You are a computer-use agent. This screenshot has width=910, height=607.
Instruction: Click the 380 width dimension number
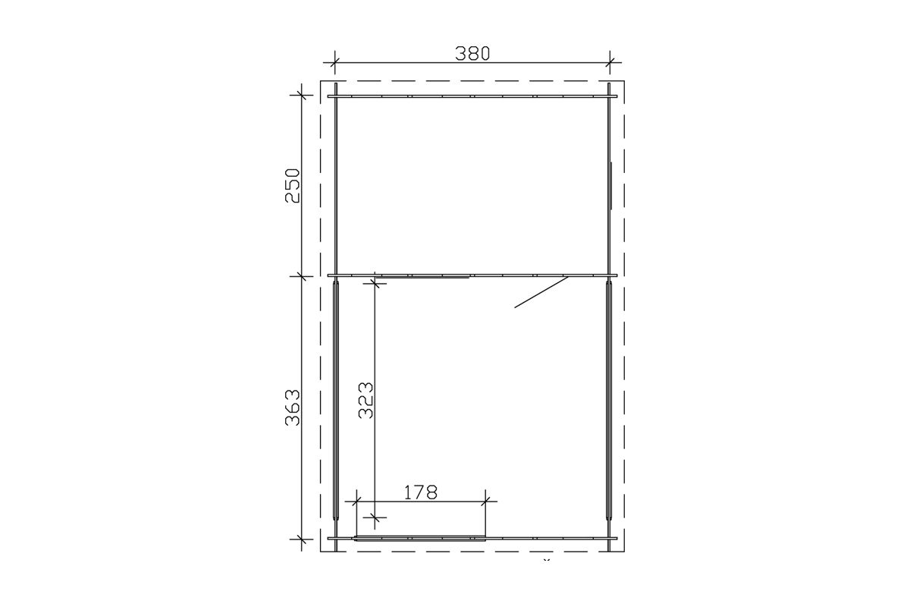(x=472, y=54)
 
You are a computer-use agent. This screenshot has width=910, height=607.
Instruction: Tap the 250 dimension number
(x=293, y=186)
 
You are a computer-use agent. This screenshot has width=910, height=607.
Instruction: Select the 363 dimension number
(x=293, y=407)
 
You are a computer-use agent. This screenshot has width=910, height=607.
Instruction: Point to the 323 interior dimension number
(x=366, y=400)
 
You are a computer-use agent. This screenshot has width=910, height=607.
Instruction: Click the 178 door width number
(x=420, y=492)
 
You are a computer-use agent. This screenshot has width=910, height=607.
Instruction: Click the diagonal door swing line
(x=541, y=292)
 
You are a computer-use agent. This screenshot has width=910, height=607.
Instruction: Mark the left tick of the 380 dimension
(x=334, y=63)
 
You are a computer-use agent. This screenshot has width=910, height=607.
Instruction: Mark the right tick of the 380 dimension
(x=610, y=63)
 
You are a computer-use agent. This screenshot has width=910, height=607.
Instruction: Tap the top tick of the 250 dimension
(x=302, y=95)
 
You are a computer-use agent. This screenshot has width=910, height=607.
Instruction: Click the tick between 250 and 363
(x=302, y=276)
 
